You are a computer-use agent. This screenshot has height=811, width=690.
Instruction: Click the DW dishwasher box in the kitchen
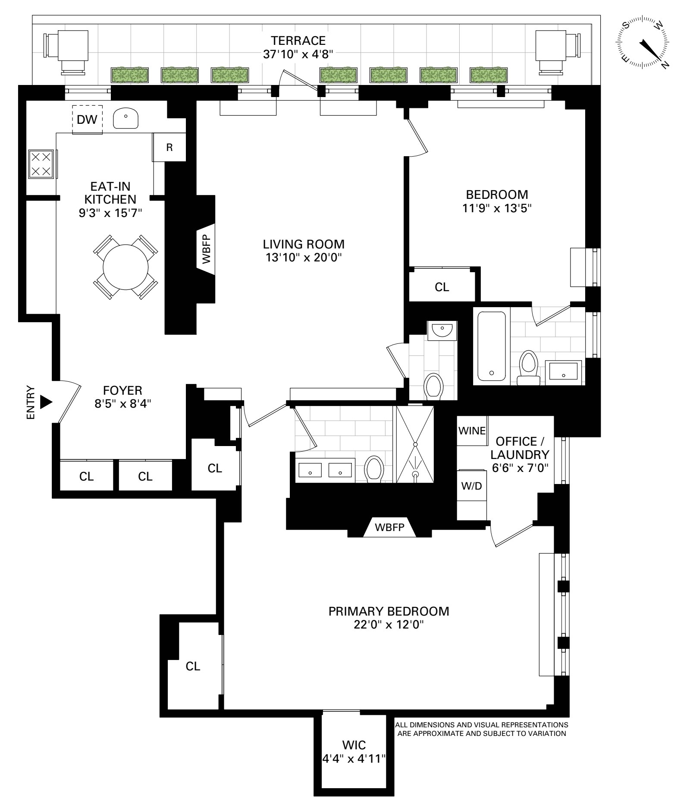click(87, 119)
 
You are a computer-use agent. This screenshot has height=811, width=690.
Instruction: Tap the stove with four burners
click(41, 164)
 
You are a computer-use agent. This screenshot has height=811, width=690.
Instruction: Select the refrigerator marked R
click(169, 147)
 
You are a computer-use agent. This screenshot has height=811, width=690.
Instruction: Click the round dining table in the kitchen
click(125, 266)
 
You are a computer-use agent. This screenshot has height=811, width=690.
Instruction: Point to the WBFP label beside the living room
click(207, 249)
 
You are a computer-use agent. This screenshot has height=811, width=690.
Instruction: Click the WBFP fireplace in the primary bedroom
click(389, 527)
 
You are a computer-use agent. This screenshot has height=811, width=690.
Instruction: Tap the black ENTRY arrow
click(45, 402)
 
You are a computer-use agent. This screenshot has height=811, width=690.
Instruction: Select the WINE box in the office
click(472, 431)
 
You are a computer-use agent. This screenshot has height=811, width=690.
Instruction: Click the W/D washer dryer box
click(472, 486)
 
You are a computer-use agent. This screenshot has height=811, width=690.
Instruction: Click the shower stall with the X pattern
click(415, 444)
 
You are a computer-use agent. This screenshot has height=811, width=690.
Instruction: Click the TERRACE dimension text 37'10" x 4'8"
click(298, 54)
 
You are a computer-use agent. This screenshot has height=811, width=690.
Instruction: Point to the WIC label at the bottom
click(354, 745)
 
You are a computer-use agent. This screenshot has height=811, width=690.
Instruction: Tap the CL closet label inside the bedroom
click(442, 287)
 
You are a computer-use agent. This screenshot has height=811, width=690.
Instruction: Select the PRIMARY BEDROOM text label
click(389, 611)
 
